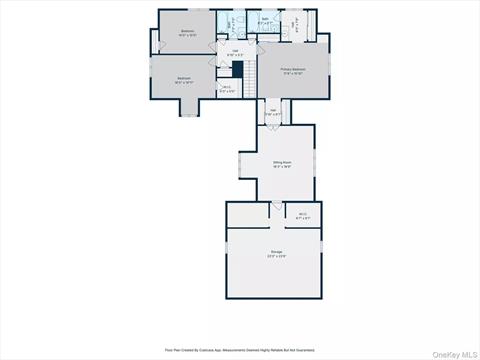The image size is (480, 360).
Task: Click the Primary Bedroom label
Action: click(x=293, y=68)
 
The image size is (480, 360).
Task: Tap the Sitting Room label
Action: click(x=281, y=161)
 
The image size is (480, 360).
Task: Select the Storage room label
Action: click(x=276, y=251)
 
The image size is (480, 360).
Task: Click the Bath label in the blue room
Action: click(x=265, y=19)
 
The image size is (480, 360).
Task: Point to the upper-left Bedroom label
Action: click(x=187, y=31)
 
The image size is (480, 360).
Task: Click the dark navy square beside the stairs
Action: click(x=238, y=70)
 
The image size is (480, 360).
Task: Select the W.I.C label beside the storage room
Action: click(x=303, y=213)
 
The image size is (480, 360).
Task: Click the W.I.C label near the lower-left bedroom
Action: click(x=227, y=87)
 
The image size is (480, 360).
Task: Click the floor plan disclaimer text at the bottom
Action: click(x=240, y=350)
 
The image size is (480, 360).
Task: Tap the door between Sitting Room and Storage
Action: click(x=277, y=206)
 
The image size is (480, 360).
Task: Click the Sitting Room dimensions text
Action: click(x=281, y=166)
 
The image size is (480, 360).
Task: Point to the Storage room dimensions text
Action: click(x=276, y=256)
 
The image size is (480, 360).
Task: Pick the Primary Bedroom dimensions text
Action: click(x=293, y=73)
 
